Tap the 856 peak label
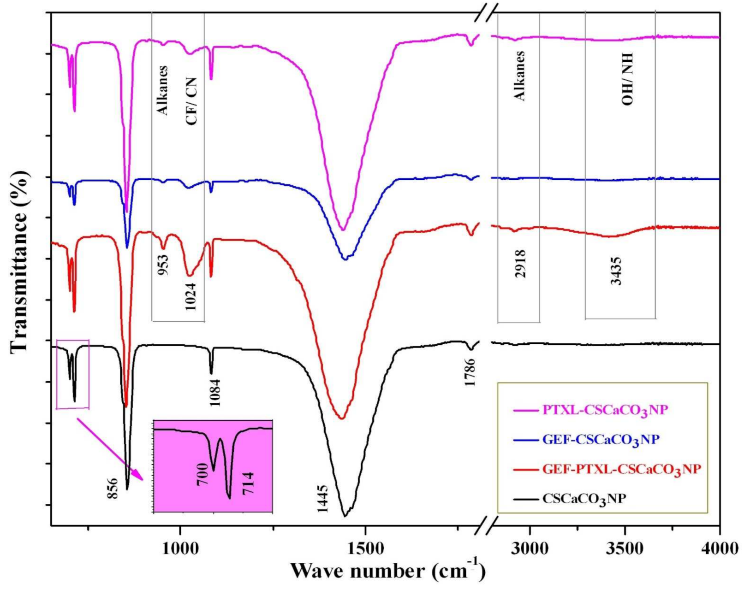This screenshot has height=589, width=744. (112, 488)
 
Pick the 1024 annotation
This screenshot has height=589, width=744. (191, 295)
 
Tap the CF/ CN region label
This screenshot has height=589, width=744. (191, 101)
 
